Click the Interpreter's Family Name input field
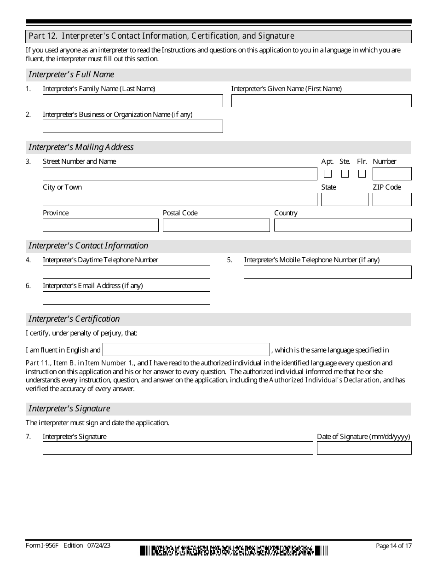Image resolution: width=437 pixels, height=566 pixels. (x=132, y=101)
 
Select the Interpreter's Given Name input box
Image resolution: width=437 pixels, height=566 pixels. (x=321, y=101)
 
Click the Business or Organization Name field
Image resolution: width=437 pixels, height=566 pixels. (x=132, y=127)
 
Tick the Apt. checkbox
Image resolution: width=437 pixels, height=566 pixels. (x=328, y=174)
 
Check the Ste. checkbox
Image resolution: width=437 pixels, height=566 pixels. (x=345, y=174)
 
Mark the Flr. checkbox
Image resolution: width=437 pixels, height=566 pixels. (x=362, y=174)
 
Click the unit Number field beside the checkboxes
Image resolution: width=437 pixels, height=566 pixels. (x=392, y=174)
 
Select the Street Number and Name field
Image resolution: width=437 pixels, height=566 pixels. (x=180, y=174)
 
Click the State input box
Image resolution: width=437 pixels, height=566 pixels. (x=345, y=200)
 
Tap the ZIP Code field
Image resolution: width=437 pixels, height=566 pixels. (x=392, y=200)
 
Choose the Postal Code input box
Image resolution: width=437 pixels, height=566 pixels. (x=216, y=225)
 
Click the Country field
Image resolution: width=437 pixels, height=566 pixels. (x=343, y=225)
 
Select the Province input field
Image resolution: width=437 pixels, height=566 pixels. (x=100, y=225)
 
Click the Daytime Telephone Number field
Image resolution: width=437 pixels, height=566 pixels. (x=126, y=272)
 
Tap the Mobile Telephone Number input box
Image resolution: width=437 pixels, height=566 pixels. (x=328, y=272)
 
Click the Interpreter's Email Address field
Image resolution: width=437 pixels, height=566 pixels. (x=126, y=298)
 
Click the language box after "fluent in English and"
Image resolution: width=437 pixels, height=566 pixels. (x=186, y=350)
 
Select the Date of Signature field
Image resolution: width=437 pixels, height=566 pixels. (x=364, y=448)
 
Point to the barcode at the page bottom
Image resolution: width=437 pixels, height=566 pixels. (x=234, y=550)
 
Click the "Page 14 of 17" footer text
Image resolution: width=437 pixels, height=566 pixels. (x=393, y=546)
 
